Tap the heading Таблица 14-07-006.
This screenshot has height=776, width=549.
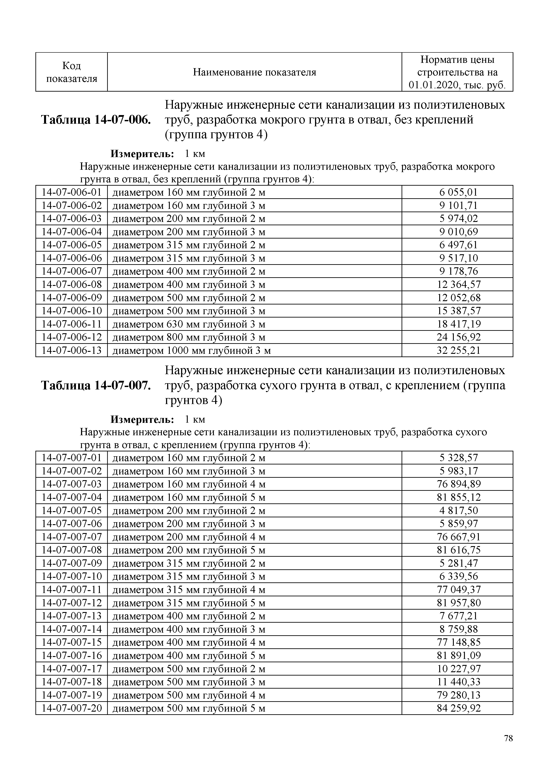(x=96, y=120)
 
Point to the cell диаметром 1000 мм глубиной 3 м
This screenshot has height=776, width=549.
(x=191, y=350)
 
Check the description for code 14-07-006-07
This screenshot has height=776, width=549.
(x=189, y=272)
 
